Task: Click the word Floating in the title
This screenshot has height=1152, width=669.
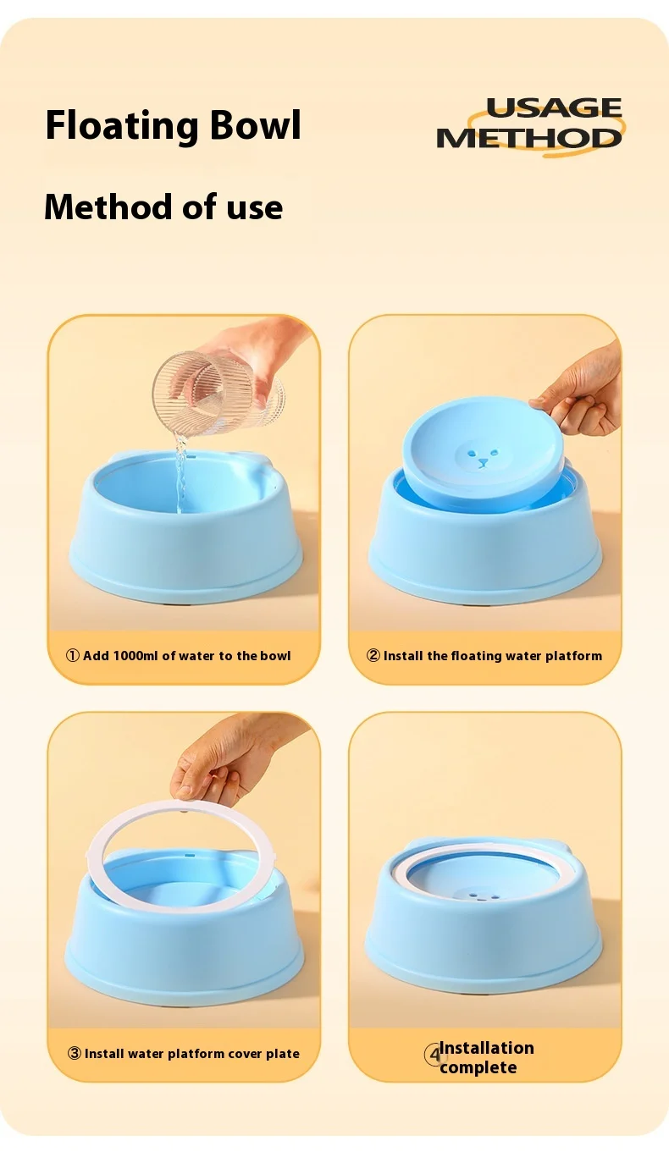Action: (x=122, y=125)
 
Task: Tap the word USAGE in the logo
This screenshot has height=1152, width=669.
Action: (x=554, y=107)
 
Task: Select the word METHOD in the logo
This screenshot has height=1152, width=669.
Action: (x=529, y=137)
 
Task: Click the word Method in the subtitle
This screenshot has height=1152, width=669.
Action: (x=102, y=207)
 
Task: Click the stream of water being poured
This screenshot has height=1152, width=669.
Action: (x=180, y=473)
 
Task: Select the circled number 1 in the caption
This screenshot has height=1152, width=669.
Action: (x=73, y=655)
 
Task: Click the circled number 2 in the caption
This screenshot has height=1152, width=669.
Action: (x=373, y=655)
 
